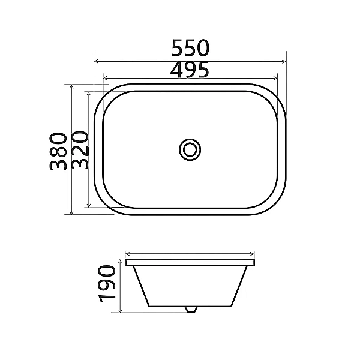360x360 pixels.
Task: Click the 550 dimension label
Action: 190,48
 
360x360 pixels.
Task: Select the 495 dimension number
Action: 190,70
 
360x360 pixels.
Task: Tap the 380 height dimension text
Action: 58,151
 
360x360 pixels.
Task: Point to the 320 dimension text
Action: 80,149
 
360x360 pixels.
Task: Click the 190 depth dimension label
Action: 107,283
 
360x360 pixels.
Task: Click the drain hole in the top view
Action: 190,149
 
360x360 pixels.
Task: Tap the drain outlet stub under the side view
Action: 191,309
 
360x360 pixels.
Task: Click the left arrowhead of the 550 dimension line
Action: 97,61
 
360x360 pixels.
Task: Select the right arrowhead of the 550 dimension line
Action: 284,61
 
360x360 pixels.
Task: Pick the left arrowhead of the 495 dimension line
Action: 106,79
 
